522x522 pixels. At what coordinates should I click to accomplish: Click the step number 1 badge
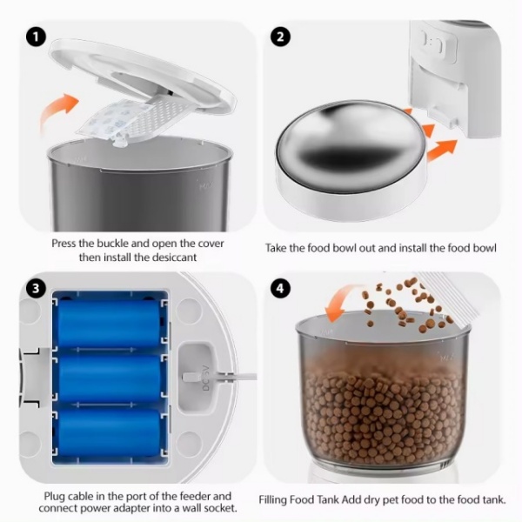coord(37,37)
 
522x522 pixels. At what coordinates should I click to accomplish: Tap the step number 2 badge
coord(281,37)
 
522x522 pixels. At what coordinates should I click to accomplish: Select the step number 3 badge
coord(37,288)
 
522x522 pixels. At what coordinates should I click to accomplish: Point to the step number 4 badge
coord(281,288)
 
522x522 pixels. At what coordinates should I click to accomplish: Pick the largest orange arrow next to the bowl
coord(442,150)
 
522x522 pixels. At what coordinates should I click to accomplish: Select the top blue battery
coord(109,322)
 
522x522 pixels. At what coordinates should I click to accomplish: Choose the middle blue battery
coord(109,378)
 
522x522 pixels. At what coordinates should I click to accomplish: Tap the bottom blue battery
coord(109,432)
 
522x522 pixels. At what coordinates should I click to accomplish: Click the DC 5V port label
coord(205,378)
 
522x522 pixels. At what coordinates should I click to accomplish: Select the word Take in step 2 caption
coord(276,248)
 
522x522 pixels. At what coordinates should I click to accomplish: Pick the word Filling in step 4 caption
coord(272,499)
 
